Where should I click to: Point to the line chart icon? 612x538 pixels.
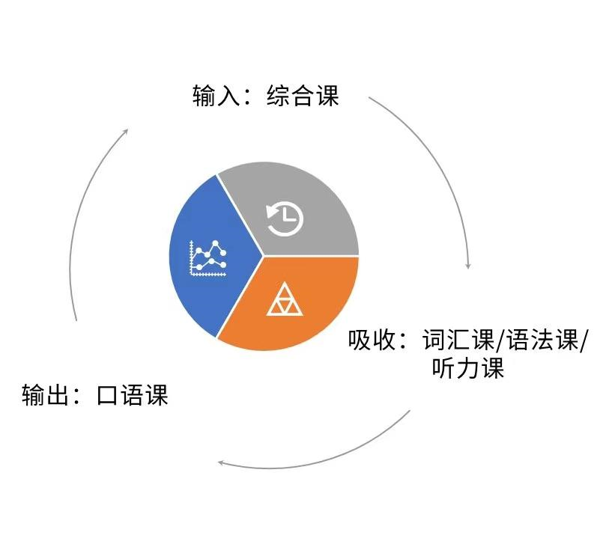coord(207,259)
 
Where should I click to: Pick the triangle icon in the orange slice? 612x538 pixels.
coord(285,301)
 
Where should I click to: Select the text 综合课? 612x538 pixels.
coord(303,97)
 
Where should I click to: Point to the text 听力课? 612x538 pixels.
coord(468,368)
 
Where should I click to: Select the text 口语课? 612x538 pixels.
coord(133,394)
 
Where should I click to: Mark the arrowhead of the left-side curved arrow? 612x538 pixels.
coord(125,132)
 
